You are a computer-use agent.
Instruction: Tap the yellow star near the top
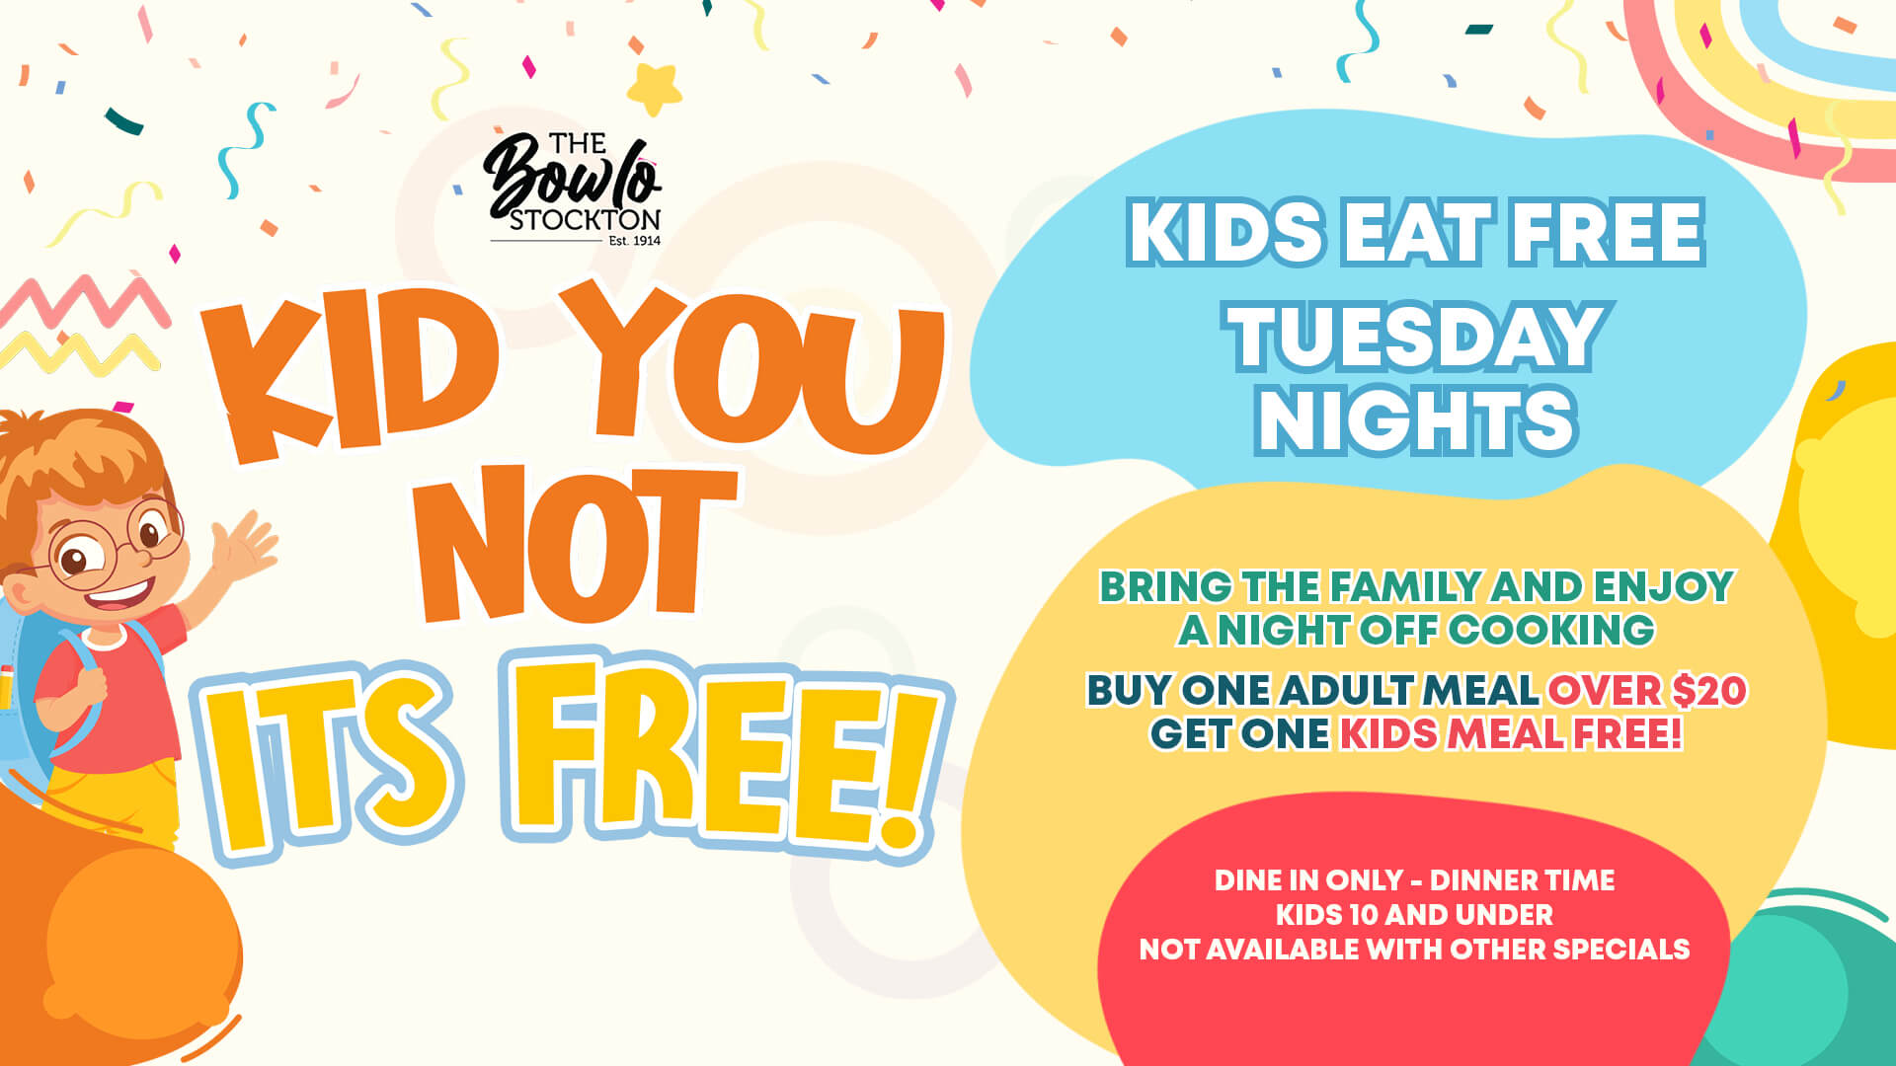coord(655,88)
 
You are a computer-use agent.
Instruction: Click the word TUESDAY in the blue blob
coord(1417,336)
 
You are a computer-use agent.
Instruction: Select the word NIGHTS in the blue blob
coord(1416,419)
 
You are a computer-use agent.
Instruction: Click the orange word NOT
coord(577,543)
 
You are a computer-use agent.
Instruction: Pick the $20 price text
coord(1709,690)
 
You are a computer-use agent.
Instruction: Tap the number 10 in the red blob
coord(1363,915)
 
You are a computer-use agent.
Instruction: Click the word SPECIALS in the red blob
coord(1620,950)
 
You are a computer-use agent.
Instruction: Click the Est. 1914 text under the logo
coord(634,240)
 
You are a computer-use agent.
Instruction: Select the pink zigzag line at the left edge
coord(83,301)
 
